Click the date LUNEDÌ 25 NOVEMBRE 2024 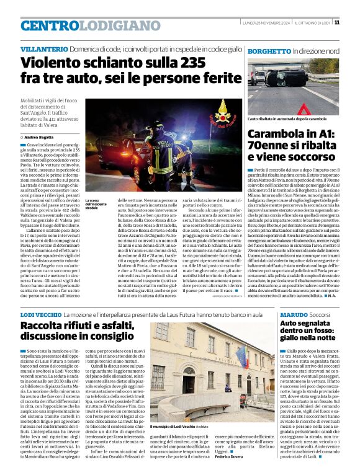coord(266,23)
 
